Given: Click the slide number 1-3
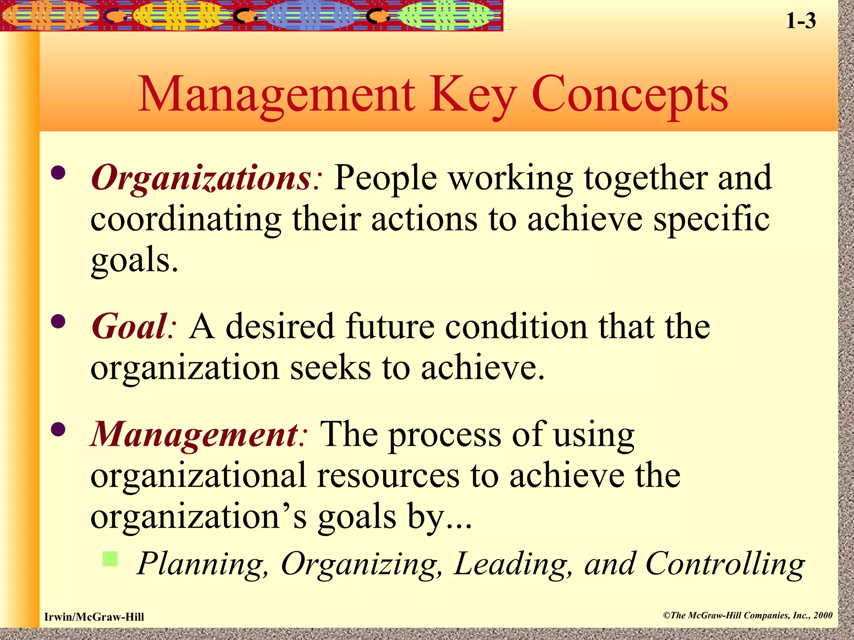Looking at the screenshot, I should (801, 21).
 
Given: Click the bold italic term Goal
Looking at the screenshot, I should (129, 327).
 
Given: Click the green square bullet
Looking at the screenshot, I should (110, 559).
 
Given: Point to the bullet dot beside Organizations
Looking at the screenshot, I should (58, 172).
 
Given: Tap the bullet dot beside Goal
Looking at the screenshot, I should (58, 321).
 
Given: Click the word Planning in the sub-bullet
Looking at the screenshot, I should (203, 564).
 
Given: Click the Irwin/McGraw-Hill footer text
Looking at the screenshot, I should (94, 617).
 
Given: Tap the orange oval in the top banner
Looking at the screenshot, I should (50, 16).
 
